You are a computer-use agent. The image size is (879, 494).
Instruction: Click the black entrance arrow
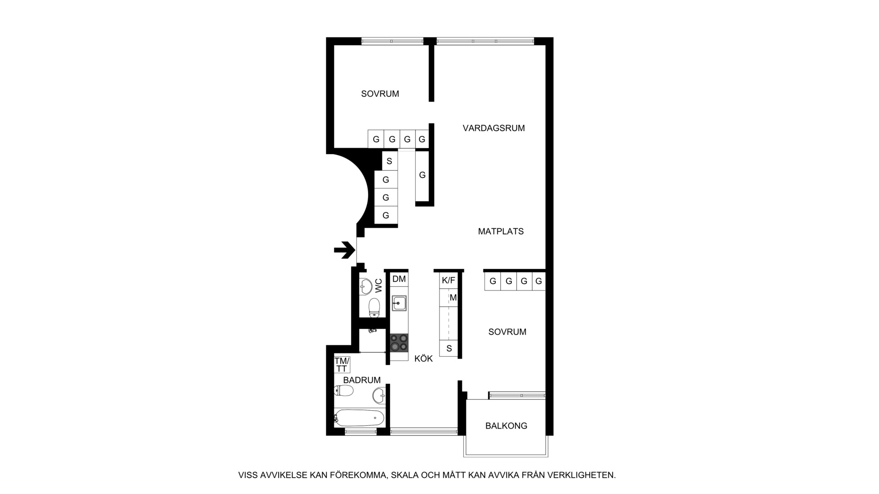[x=345, y=250]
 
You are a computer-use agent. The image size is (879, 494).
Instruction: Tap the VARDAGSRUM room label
[x=494, y=128]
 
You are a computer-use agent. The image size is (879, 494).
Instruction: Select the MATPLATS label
[x=500, y=231]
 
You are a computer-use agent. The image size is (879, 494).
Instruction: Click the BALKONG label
[x=506, y=426]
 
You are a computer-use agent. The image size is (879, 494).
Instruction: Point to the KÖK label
[x=423, y=359]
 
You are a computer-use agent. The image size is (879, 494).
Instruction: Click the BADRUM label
[x=362, y=380]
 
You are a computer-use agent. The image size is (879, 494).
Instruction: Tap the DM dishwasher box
[x=399, y=279]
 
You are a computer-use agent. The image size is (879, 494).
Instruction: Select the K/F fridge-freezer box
[x=448, y=280]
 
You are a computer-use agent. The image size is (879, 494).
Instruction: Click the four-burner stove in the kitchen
[x=399, y=343]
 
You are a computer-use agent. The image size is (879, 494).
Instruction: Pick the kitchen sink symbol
[x=399, y=303]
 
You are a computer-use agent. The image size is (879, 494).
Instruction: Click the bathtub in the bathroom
[x=359, y=417]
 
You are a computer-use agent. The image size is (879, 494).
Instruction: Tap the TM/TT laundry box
[x=342, y=365]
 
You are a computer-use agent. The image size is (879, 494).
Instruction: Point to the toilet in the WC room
[x=374, y=307]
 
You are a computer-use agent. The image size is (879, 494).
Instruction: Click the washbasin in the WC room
[x=366, y=286]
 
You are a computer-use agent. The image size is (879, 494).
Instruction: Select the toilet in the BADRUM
[x=344, y=391]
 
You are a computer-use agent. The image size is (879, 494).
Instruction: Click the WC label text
[x=379, y=286]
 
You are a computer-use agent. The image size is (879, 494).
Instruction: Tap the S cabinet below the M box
[x=449, y=349]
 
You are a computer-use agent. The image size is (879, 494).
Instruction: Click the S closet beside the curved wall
[x=390, y=161]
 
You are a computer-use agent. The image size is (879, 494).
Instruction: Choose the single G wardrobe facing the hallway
[x=422, y=175]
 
